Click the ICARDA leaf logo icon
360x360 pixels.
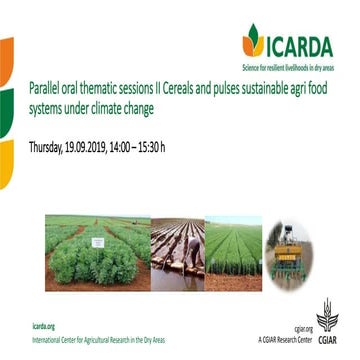(x=253, y=39)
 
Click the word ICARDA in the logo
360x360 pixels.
(x=299, y=43)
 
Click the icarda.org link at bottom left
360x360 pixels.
(x=45, y=326)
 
